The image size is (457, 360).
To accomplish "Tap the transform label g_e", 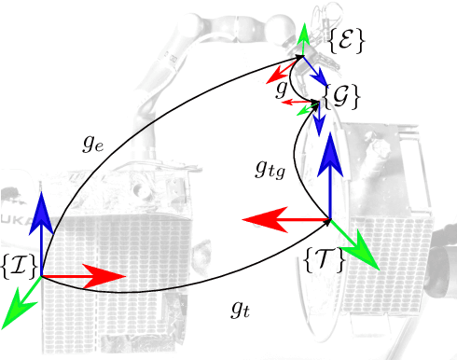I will [90, 144].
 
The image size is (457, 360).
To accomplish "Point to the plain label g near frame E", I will [281, 90].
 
